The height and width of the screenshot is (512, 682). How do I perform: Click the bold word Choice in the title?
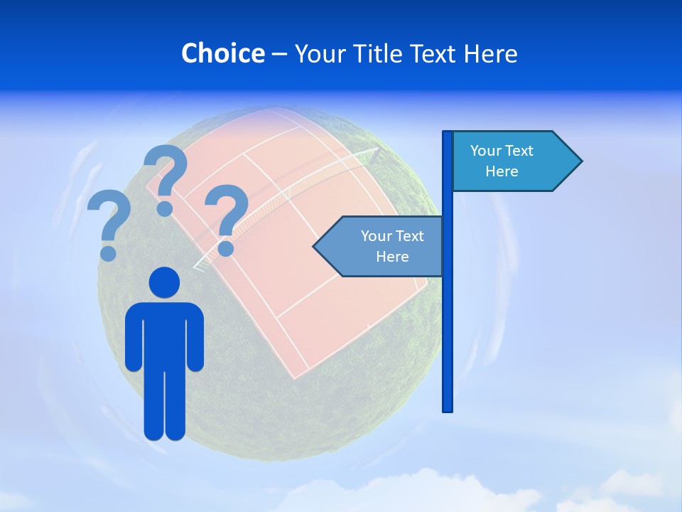tap(222, 53)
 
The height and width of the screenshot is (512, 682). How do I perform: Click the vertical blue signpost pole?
tap(448, 320)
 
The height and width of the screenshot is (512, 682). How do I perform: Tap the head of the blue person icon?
tap(165, 282)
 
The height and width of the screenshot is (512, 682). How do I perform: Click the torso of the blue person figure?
tap(165, 334)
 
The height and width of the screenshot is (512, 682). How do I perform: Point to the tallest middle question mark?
tap(166, 174)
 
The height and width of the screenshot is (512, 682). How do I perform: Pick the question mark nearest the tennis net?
tap(227, 213)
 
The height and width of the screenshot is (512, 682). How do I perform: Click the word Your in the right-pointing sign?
tap(486, 151)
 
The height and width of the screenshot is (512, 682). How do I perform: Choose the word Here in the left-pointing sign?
tap(392, 257)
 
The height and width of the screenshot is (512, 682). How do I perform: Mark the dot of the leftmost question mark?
tap(108, 252)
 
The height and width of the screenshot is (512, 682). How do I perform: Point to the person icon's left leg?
tap(154, 405)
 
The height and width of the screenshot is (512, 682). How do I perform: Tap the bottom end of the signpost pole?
tap(448, 408)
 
